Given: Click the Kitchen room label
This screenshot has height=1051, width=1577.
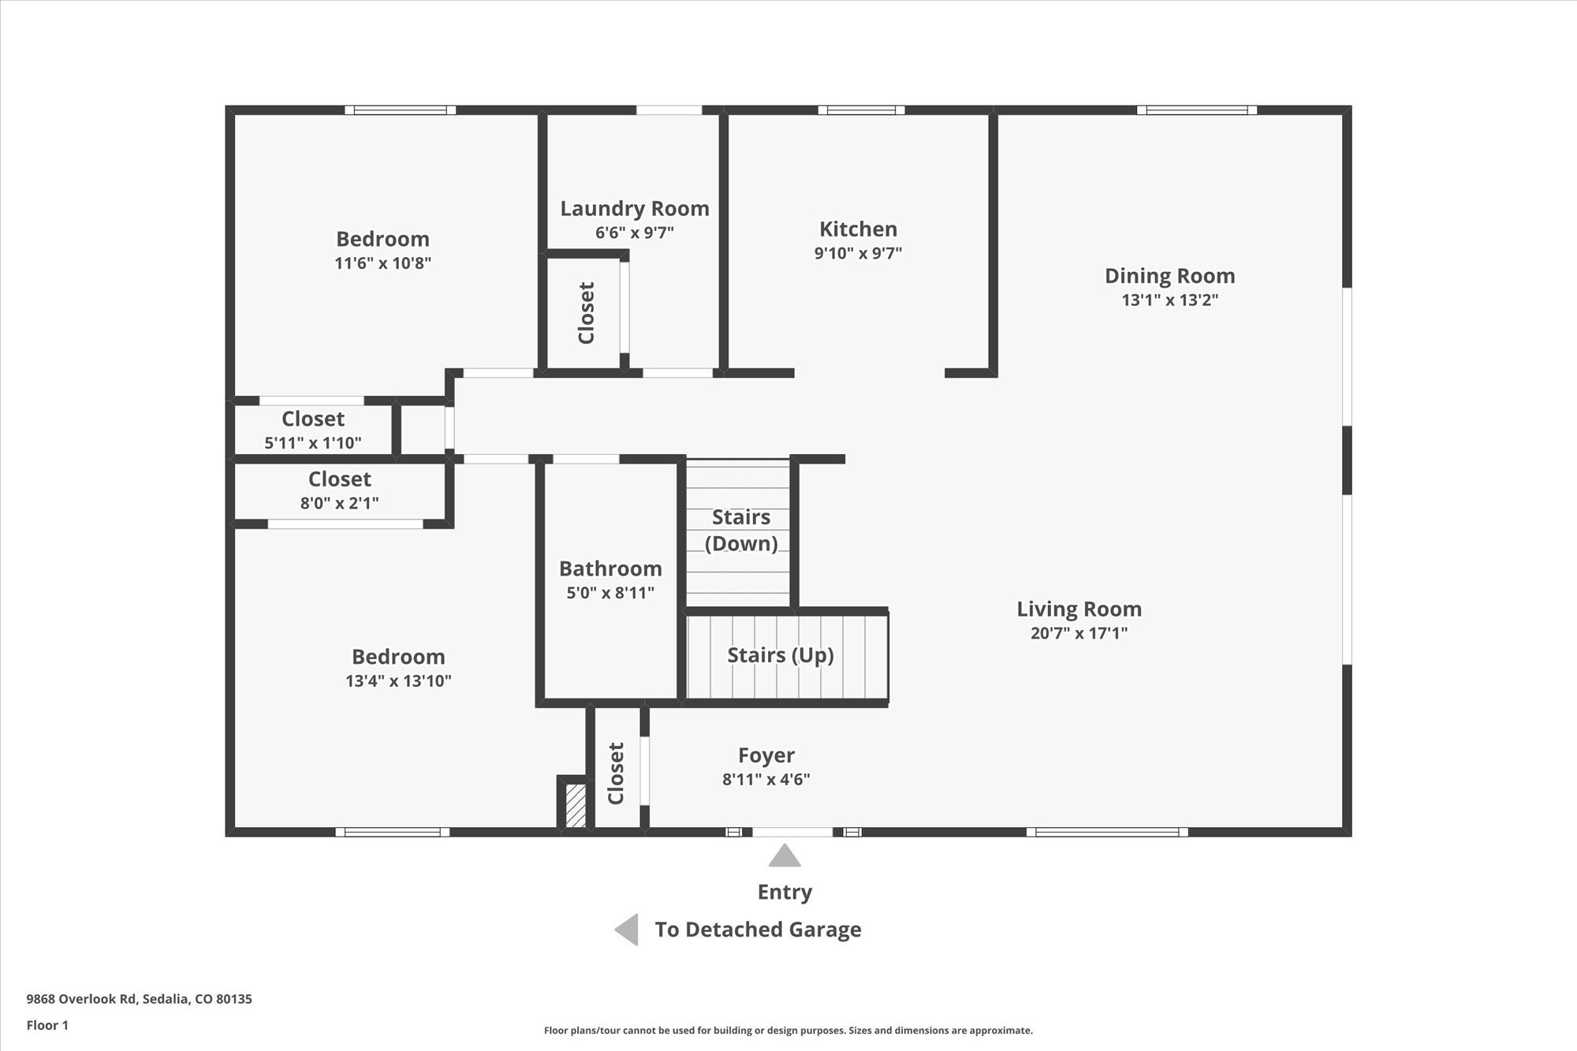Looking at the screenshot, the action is pos(858,229).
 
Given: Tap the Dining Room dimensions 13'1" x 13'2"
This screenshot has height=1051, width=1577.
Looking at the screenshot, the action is pos(1170,300).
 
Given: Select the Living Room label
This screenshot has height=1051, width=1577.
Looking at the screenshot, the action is pos(1079,609).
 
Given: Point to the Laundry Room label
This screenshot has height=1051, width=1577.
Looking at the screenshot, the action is pos(635,209).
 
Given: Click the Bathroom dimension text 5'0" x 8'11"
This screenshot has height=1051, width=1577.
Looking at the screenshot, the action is pos(610,593).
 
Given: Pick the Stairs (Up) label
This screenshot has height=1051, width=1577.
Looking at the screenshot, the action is pos(781,655).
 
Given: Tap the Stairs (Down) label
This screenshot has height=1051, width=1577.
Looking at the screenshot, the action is pos(741,530).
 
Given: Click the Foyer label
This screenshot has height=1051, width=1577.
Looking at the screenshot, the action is pos(766,756).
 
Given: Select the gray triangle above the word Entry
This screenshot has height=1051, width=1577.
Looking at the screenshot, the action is pos(785,855).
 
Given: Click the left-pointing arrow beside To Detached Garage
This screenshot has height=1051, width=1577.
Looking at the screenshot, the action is pos(627,930).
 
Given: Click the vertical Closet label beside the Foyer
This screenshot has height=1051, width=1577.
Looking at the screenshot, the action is pos(616,773).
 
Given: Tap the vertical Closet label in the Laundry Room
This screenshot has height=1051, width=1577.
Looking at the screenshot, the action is pos(586,313).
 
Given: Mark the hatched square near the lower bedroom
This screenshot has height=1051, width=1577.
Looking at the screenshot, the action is pos(576,805).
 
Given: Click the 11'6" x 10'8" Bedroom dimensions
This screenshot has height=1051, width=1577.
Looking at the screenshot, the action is pos(382,263).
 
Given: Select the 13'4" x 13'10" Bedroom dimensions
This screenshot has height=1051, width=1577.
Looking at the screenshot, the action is pos(398,680).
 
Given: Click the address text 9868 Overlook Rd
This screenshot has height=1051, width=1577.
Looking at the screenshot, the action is pos(82,999).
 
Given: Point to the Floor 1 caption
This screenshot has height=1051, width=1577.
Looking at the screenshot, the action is pos(47,1025).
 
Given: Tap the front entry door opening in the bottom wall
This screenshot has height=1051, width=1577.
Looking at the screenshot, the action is pos(792,832).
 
